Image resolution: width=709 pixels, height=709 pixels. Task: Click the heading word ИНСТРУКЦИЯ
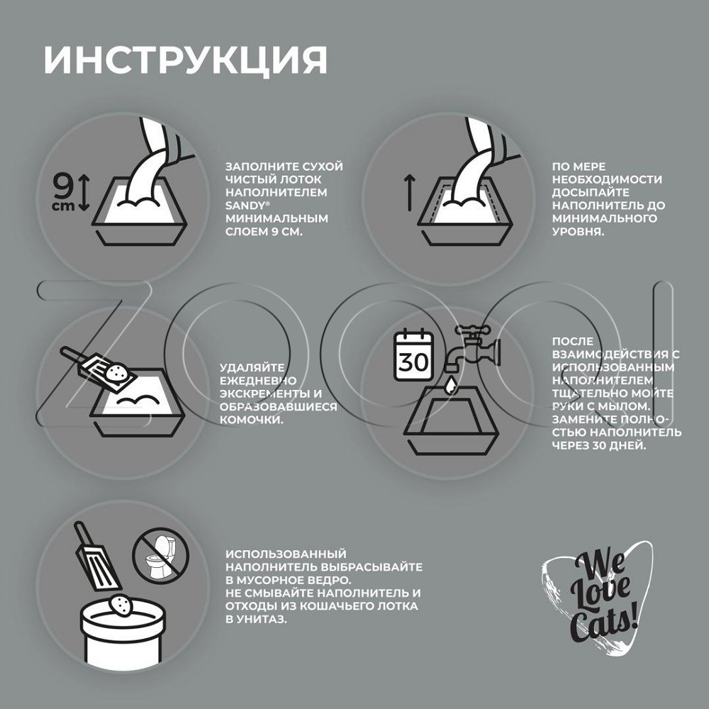point(185,60)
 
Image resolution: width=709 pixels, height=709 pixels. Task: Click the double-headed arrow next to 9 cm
point(84,193)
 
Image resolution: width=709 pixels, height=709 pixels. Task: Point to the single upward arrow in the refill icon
point(409,193)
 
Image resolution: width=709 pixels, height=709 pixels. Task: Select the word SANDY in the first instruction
point(245,206)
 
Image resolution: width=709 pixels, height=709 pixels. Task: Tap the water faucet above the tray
point(472,347)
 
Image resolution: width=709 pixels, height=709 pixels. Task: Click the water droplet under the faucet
point(450,385)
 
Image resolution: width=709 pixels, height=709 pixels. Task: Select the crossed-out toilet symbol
point(161,556)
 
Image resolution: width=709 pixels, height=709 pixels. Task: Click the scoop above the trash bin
point(96,557)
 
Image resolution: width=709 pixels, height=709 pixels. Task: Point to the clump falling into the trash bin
point(121,605)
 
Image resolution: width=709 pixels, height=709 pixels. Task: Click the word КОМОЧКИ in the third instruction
point(252,420)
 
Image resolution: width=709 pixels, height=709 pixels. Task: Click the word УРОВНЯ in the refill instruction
point(578,232)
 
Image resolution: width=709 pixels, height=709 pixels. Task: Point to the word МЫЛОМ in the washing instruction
point(623,406)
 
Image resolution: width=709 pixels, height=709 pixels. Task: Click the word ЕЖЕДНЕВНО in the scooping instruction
point(258,381)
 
